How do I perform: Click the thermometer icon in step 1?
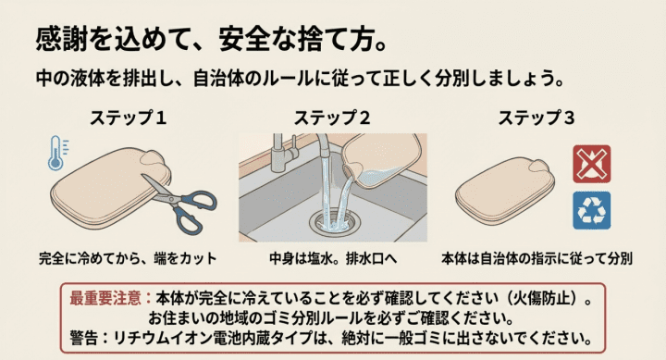(56, 153)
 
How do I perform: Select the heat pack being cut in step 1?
(97, 185)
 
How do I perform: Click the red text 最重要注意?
(105, 299)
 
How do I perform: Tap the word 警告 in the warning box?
(84, 336)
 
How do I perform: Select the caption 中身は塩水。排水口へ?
(332, 258)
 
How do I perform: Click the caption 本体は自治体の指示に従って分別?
(536, 258)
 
